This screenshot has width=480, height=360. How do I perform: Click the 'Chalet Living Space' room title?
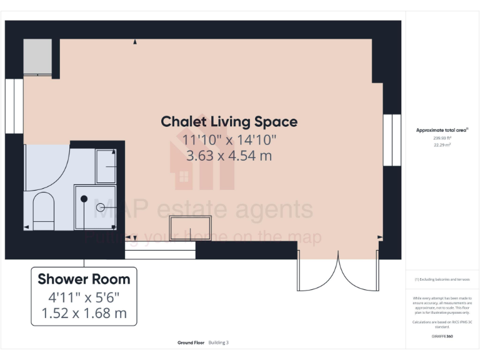pyautogui.click(x=229, y=121)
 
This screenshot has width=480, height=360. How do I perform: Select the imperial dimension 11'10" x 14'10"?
pyautogui.click(x=229, y=139)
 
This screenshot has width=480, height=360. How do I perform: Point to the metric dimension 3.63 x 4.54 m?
pyautogui.click(x=229, y=156)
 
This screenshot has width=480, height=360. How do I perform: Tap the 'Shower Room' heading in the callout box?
pyautogui.click(x=84, y=279)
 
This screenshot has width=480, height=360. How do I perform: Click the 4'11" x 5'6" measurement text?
pyautogui.click(x=84, y=297)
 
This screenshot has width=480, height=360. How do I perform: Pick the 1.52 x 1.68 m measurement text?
pyautogui.click(x=84, y=312)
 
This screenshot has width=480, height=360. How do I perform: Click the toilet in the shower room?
pyautogui.click(x=44, y=210)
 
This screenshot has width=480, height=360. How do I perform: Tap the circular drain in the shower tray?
pyautogui.click(x=99, y=207)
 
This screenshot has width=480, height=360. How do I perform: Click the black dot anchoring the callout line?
pyautogui.click(x=83, y=198)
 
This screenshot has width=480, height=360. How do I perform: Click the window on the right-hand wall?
pyautogui.click(x=391, y=140)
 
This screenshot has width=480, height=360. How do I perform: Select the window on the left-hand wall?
pyautogui.click(x=14, y=107)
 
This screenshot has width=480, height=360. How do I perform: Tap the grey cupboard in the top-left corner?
pyautogui.click(x=37, y=57)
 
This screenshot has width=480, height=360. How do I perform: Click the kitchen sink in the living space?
pyautogui.click(x=191, y=227)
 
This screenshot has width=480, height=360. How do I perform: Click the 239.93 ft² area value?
pyautogui.click(x=442, y=138)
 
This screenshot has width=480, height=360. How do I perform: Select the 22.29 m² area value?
pyautogui.click(x=442, y=144)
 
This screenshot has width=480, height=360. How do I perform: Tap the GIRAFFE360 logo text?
pyautogui.click(x=442, y=336)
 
